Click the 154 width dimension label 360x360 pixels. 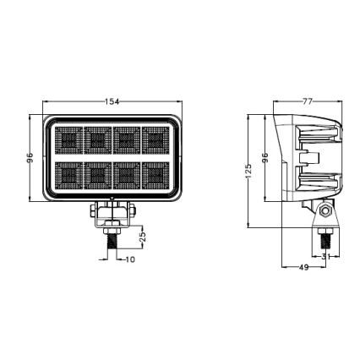tap(112, 101)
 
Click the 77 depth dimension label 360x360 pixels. tap(308, 101)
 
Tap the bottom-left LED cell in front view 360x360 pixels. tap(70, 174)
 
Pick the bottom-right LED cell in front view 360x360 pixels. tap(155, 174)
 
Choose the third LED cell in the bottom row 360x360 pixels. tap(128, 174)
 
